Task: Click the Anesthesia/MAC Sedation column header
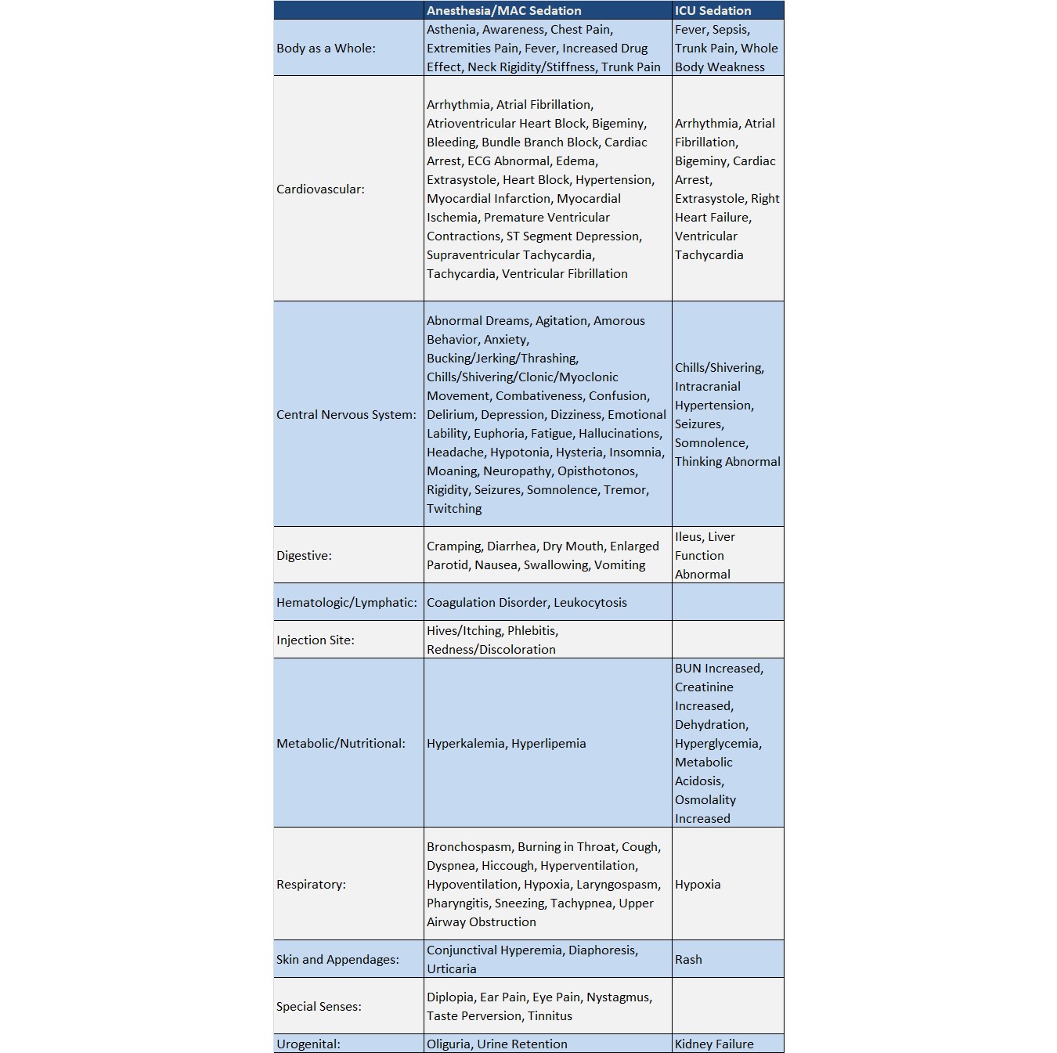[x=503, y=11]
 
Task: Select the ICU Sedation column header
[x=712, y=11]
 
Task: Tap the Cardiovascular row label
[x=320, y=189]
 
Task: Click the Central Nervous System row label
[x=346, y=415]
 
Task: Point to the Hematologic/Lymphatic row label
[x=346, y=603]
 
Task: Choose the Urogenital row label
[x=308, y=1044]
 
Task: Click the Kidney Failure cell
[x=714, y=1044]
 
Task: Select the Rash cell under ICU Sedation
[x=688, y=960]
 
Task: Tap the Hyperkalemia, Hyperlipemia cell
[x=506, y=744]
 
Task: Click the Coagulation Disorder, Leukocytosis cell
[x=526, y=603]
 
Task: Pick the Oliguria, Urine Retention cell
[x=496, y=1044]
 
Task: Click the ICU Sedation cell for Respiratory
[x=698, y=885]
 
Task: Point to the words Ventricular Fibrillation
[x=565, y=274]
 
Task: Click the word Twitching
[x=454, y=509]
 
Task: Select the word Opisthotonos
[x=597, y=471]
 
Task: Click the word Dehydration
[x=711, y=725]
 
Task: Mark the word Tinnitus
[x=550, y=1016]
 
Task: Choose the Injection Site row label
[x=315, y=640]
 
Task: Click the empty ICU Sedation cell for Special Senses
[x=727, y=1006]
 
